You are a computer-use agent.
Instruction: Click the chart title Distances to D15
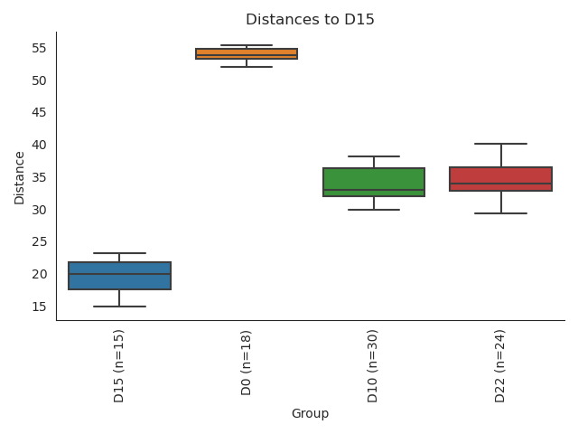click(x=310, y=20)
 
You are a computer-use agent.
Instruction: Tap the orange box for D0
click(x=247, y=53)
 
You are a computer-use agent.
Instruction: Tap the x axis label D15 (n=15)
click(x=119, y=365)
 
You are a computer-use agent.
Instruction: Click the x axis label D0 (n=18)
click(x=247, y=362)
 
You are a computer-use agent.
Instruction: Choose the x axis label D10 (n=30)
click(x=374, y=365)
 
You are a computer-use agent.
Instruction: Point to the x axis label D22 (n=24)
click(x=500, y=365)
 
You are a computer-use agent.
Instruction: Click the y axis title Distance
click(x=20, y=177)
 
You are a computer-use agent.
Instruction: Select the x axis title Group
click(x=310, y=414)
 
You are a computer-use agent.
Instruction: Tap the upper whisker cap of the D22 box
click(x=500, y=144)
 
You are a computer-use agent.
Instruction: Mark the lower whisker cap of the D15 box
click(x=119, y=307)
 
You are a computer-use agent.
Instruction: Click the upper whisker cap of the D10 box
click(x=374, y=156)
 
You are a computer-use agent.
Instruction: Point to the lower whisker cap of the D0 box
click(x=247, y=67)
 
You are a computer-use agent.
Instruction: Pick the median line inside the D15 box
click(x=119, y=274)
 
